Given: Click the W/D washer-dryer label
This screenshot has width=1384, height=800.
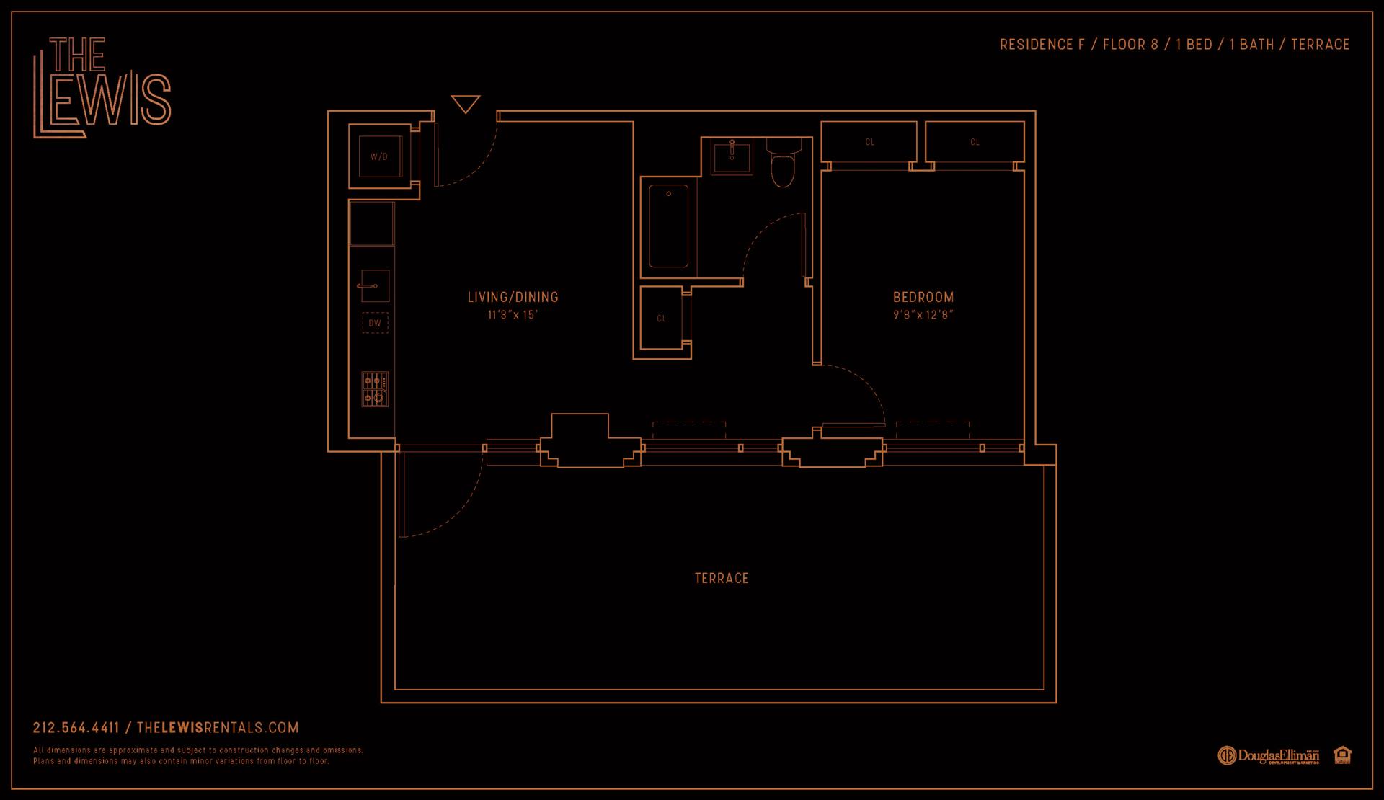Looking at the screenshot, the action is click(x=378, y=156).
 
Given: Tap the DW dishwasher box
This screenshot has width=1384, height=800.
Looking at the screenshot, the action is click(x=375, y=323).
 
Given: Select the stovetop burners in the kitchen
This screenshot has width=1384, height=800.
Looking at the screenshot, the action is click(x=375, y=389).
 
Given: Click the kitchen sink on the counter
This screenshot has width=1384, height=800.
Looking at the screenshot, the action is click(x=375, y=286).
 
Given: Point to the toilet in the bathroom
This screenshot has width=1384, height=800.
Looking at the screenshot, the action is click(x=782, y=164).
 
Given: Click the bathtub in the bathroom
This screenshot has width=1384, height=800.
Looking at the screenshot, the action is click(x=668, y=226).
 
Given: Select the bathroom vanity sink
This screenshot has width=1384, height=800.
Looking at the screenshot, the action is click(x=731, y=158).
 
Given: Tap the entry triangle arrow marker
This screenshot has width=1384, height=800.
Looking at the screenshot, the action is click(x=465, y=104).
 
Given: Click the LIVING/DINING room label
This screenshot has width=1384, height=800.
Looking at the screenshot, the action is click(x=513, y=297).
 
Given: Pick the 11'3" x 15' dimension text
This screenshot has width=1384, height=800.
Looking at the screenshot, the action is click(x=513, y=315).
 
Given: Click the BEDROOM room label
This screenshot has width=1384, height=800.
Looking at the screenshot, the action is click(x=923, y=297).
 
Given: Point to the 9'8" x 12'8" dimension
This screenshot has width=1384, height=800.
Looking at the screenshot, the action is click(x=923, y=315).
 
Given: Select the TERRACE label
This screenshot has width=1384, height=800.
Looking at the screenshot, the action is click(x=722, y=578).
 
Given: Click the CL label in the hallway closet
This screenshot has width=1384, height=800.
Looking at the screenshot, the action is click(x=662, y=318).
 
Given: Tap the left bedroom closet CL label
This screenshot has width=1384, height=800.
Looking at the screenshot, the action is click(x=869, y=142).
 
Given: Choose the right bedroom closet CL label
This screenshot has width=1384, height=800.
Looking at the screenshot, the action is click(x=975, y=142).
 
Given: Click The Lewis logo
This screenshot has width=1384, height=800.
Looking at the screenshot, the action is click(x=102, y=87).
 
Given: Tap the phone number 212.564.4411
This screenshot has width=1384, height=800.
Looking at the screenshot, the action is click(x=76, y=728).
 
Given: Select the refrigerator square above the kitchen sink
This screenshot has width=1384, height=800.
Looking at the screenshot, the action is click(x=372, y=223).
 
